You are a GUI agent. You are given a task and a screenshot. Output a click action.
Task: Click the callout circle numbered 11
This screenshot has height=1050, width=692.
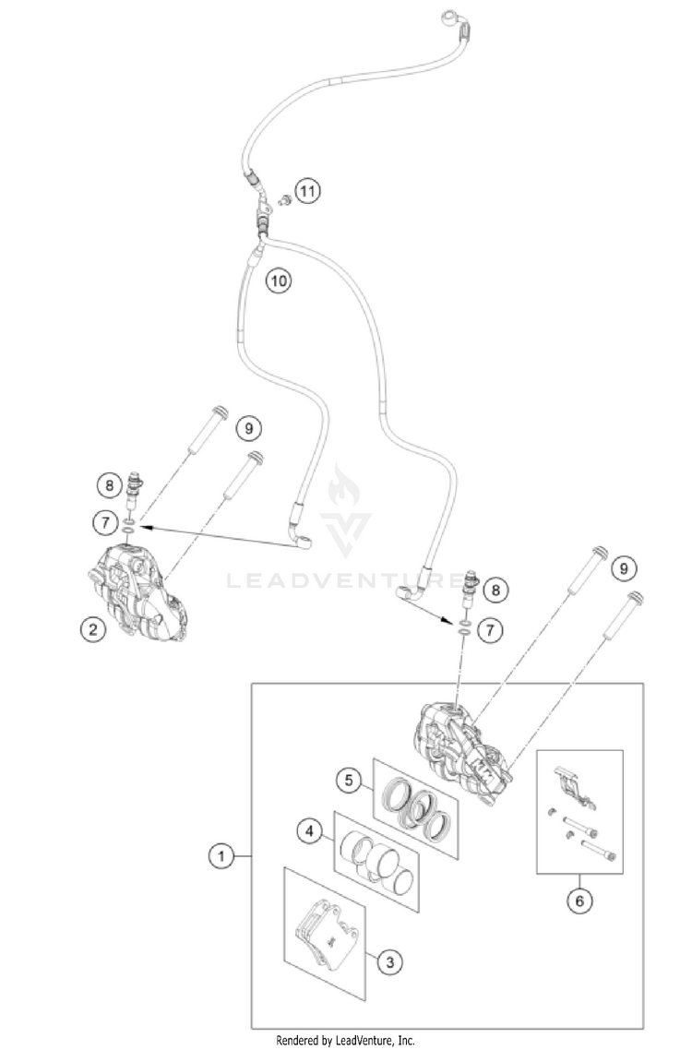307,192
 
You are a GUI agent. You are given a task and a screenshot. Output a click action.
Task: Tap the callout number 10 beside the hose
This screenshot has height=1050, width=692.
279,280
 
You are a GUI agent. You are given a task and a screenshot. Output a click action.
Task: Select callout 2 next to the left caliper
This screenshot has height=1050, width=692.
91,630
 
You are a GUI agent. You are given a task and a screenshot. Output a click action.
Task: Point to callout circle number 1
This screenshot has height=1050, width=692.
220,857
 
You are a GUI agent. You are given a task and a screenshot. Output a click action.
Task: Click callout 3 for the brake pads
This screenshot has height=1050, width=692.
389,962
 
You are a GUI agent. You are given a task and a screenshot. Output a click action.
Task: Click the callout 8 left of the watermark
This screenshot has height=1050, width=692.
109,483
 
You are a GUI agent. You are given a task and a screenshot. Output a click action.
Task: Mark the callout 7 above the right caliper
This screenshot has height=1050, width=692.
491,631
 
